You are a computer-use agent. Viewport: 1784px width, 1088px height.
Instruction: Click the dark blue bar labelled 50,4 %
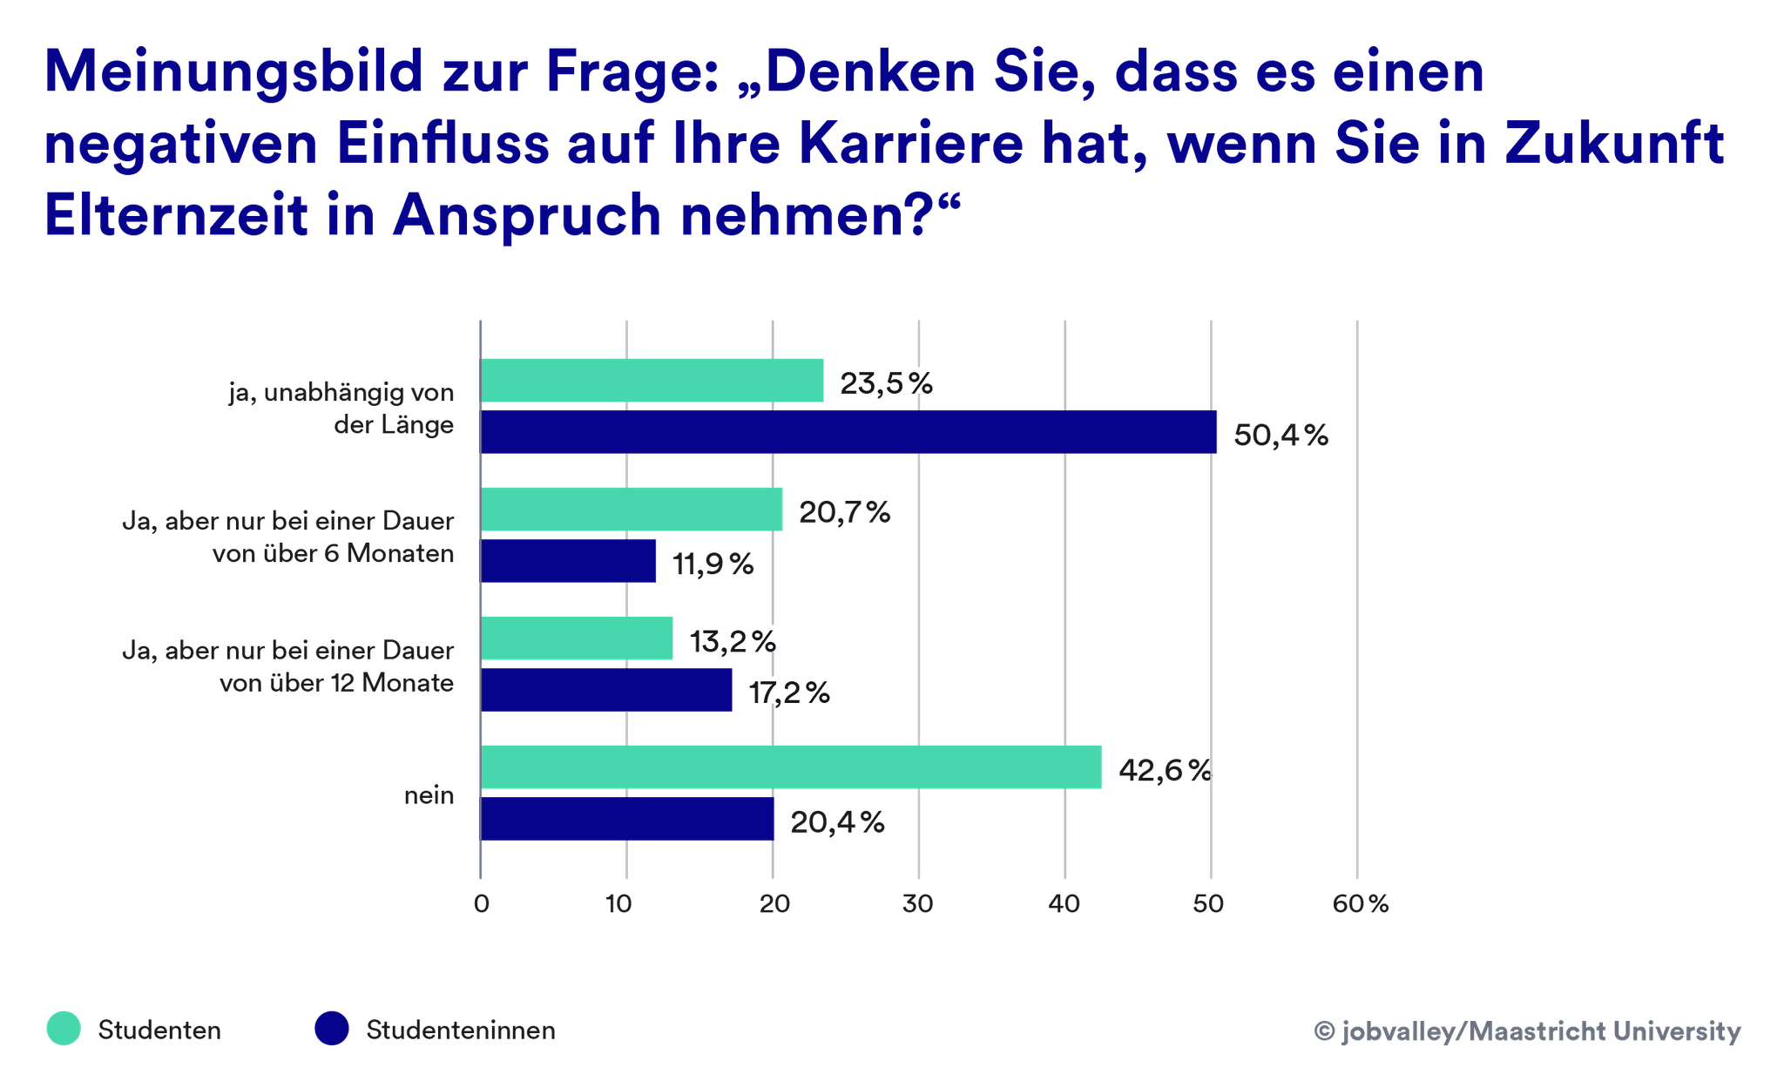click(849, 432)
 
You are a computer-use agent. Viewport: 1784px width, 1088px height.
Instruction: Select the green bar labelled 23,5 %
click(652, 381)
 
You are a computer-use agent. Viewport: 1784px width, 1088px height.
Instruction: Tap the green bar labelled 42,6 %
click(791, 767)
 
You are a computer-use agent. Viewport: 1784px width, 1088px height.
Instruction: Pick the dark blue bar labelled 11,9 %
click(568, 561)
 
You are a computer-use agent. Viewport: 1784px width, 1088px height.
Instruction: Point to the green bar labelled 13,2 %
click(577, 639)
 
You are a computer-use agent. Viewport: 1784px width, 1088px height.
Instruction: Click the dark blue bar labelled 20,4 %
click(627, 820)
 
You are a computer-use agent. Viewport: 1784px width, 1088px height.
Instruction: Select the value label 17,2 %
click(789, 692)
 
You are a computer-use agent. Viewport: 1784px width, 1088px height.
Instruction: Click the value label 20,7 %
click(844, 512)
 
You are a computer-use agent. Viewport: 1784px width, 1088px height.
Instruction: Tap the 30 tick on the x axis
click(918, 904)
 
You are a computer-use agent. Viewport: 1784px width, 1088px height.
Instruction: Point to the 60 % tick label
click(1360, 904)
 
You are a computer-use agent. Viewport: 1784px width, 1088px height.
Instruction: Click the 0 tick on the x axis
click(482, 904)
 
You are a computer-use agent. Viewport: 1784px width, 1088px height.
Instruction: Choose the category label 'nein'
click(429, 795)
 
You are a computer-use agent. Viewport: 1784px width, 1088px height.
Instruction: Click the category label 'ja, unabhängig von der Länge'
click(342, 409)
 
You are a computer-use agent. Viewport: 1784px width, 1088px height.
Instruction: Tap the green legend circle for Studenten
click(64, 1029)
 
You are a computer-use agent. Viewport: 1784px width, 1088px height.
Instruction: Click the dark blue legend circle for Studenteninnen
click(332, 1029)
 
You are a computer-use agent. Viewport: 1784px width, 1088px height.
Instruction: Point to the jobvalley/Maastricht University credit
click(1527, 1031)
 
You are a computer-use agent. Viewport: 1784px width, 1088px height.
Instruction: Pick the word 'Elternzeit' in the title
click(175, 215)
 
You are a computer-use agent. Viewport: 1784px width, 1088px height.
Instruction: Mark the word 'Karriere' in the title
click(909, 144)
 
